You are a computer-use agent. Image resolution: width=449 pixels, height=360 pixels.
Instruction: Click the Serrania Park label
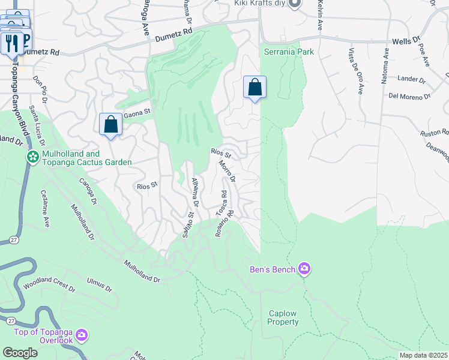289,52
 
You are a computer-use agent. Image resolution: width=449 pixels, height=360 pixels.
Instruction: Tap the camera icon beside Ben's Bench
304,268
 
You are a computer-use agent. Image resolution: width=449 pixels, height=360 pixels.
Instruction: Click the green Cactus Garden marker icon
32,157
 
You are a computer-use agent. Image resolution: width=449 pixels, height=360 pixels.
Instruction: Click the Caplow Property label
283,317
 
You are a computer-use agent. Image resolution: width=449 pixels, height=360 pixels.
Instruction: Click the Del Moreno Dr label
410,96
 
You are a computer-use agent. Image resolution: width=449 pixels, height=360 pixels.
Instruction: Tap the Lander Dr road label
412,79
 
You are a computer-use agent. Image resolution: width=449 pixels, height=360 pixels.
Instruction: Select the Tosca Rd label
221,204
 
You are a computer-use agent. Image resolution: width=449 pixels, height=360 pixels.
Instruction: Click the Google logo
20,353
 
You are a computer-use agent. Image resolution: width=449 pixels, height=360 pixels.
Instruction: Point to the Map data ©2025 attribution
423,355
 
